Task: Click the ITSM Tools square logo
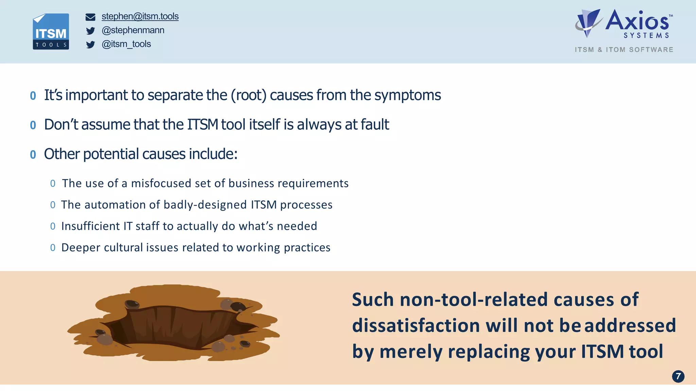[51, 32]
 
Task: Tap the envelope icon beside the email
[90, 17]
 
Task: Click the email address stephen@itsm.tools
[140, 16]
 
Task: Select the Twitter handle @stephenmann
[133, 30]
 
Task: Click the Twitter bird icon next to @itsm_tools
[90, 45]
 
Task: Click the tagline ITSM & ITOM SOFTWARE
[624, 50]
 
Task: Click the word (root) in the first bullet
[248, 95]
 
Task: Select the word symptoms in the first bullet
[407, 95]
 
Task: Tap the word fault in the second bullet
[375, 124]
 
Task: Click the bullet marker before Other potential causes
[33, 155]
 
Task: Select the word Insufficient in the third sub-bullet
[90, 226]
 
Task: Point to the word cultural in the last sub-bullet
[123, 248]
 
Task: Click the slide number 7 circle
[678, 376]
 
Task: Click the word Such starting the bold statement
[372, 300]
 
